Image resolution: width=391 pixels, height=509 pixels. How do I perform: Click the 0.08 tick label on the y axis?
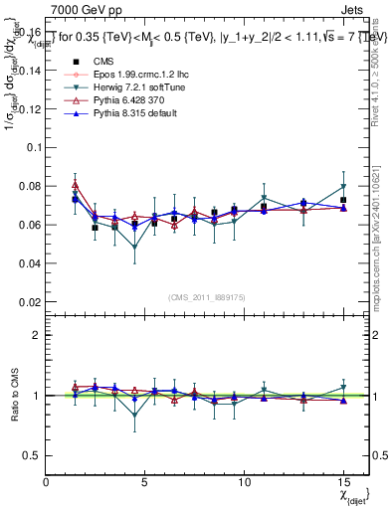[x=29, y=186]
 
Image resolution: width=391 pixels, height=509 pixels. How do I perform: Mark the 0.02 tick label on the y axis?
[x=29, y=301]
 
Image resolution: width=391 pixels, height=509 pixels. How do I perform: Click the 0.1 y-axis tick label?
[x=32, y=147]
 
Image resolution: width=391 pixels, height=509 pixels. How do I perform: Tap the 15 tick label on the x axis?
[x=343, y=482]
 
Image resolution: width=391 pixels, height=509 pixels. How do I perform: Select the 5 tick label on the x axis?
[x=145, y=482]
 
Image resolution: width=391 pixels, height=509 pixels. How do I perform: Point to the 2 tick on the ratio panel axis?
[x=37, y=335]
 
